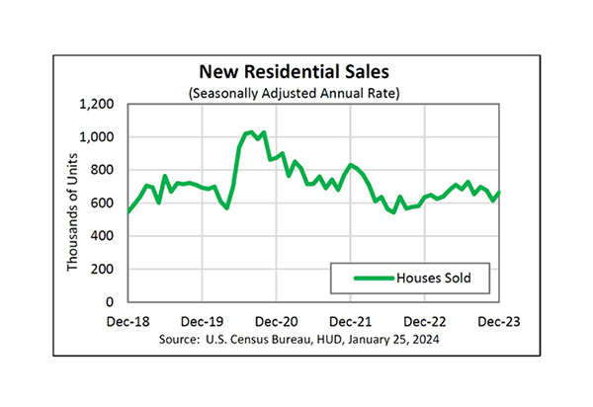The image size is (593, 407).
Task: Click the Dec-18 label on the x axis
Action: click(128, 322)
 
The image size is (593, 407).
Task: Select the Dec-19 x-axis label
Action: click(203, 322)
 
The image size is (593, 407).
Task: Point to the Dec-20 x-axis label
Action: click(277, 322)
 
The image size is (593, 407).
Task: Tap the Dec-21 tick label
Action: click(351, 322)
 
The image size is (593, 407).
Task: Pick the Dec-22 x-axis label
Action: click(425, 322)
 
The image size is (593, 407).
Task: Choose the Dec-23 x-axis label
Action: click(498, 322)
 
